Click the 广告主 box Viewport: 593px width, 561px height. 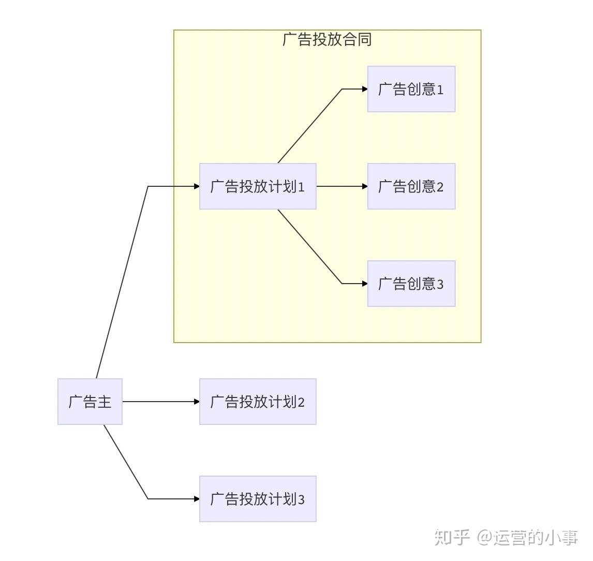pos(90,402)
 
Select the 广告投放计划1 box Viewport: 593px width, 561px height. pos(258,186)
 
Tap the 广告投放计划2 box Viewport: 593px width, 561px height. pos(258,402)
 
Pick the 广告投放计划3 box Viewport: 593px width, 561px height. pos(258,498)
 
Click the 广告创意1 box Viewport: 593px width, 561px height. pos(411,89)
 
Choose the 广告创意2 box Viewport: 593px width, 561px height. pos(411,186)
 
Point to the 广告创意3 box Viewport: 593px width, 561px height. pos(411,283)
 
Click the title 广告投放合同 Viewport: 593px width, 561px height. pos(327,39)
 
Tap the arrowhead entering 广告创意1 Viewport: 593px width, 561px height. pos(365,89)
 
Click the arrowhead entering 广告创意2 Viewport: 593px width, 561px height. pos(365,186)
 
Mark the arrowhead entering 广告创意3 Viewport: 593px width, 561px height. pos(365,283)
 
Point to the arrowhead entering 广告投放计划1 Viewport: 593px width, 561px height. pos(197,186)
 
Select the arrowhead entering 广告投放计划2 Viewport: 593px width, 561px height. pos(197,402)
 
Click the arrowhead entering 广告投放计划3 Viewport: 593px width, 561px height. pos(197,498)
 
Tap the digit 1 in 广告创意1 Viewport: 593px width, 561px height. pos(440,90)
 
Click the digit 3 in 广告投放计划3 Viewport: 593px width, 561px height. pos(302,500)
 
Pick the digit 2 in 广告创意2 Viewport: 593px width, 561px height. pos(440,187)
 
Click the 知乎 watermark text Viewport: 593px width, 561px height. pos(452,537)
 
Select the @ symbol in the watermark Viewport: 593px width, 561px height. pos(484,538)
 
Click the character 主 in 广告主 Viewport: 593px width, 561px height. pos(105,402)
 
